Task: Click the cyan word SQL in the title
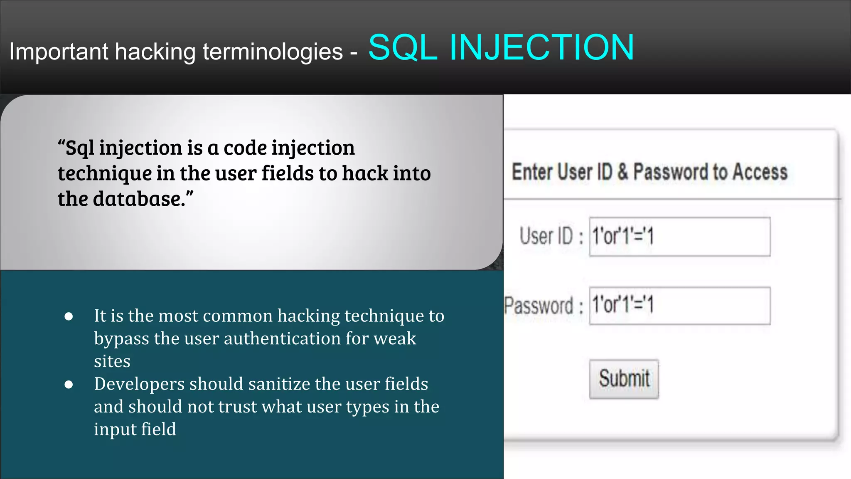click(x=402, y=48)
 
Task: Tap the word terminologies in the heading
click(x=273, y=52)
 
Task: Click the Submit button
click(x=624, y=379)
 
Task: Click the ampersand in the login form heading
click(x=622, y=172)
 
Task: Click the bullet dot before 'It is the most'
click(x=69, y=316)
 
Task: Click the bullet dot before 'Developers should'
click(x=69, y=385)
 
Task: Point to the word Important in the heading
click(x=59, y=52)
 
